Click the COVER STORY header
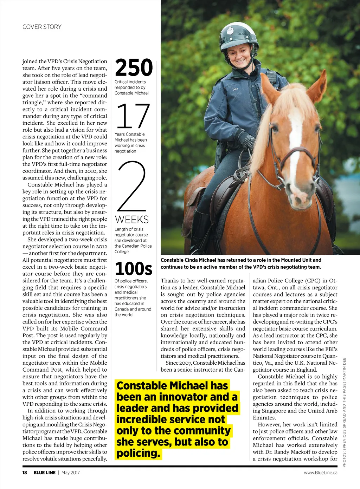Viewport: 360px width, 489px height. pyautogui.click(x=42, y=27)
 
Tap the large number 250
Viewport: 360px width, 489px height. pyautogui.click(x=134, y=68)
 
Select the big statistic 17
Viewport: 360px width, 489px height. pyautogui.click(x=133, y=116)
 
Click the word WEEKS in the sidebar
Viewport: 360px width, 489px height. pyautogui.click(x=132, y=220)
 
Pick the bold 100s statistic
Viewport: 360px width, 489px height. pyautogui.click(x=134, y=269)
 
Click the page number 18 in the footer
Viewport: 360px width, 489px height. pyautogui.click(x=25, y=472)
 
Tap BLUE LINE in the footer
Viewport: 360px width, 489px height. pyautogui.click(x=44, y=472)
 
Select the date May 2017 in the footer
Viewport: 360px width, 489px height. pyautogui.click(x=71, y=472)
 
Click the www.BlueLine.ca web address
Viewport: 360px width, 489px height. pyautogui.click(x=320, y=472)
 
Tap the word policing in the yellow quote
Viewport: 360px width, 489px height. pyautogui.click(x=138, y=453)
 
